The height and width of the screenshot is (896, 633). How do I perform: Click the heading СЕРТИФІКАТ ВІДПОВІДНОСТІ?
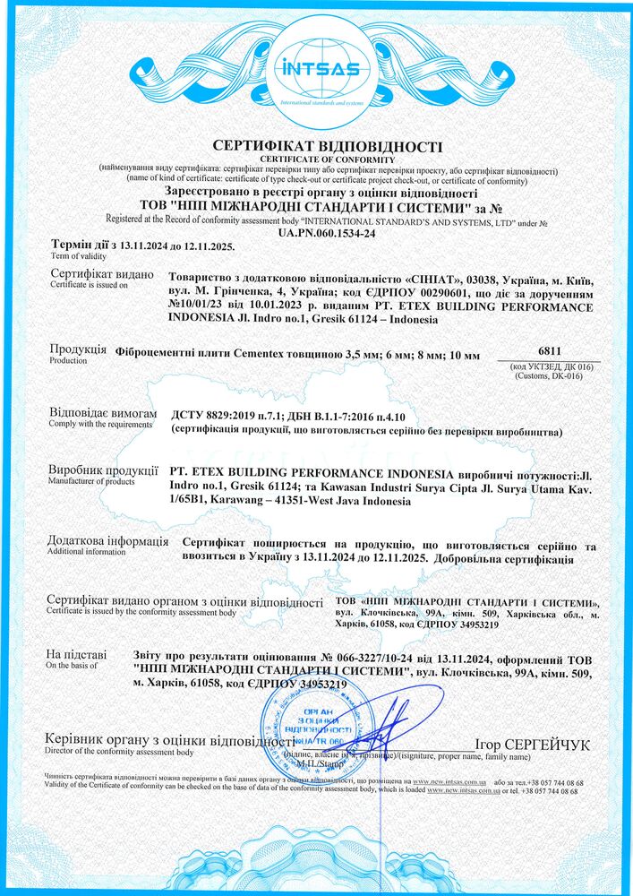click(x=316, y=146)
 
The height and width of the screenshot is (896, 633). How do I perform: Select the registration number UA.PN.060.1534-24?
click(x=316, y=231)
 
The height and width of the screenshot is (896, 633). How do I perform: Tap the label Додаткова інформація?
click(x=108, y=541)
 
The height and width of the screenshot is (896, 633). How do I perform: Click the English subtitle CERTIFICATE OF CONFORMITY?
click(x=316, y=159)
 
